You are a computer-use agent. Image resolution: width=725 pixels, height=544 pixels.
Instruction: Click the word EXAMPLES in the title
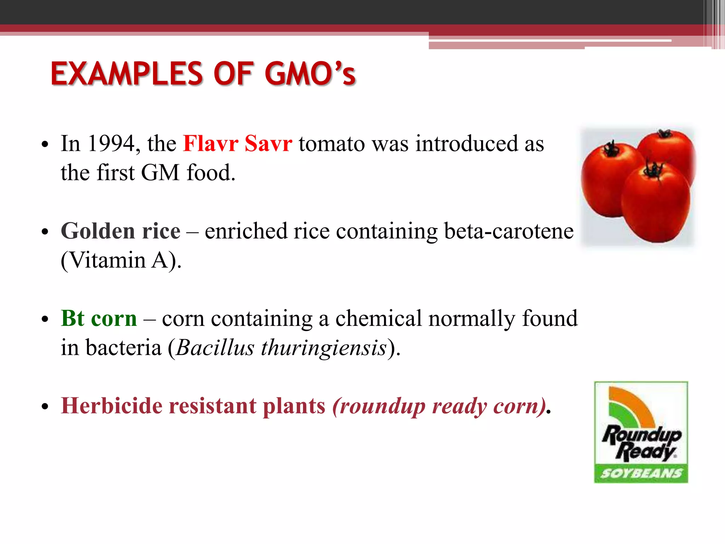tap(127, 74)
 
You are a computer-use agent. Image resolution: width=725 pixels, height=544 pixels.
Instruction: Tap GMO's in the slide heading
tap(310, 74)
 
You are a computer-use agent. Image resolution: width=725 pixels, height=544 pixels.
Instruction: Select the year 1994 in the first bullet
tap(111, 144)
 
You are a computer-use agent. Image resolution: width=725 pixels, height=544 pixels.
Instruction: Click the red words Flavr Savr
tap(238, 144)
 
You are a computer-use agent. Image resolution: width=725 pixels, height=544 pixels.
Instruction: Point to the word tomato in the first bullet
tap(331, 144)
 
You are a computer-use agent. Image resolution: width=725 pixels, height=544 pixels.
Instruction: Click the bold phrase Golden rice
tap(120, 231)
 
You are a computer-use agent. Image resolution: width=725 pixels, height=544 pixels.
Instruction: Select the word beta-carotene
tap(508, 231)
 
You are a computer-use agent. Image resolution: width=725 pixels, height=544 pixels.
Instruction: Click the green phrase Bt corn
tap(99, 318)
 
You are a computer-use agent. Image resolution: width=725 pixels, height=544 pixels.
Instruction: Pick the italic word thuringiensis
tap(324, 348)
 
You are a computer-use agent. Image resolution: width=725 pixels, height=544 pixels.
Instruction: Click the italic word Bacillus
tap(215, 348)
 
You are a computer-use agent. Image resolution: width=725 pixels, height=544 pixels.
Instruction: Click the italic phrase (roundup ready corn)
tap(439, 406)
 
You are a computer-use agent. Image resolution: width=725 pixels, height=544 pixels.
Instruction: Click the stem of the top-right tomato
tap(663, 134)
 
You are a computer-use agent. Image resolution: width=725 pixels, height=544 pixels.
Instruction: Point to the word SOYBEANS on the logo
tap(641, 474)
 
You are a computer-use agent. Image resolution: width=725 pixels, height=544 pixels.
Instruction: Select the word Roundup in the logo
tap(641, 435)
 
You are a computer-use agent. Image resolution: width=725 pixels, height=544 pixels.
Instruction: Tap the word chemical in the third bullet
tap(378, 318)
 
